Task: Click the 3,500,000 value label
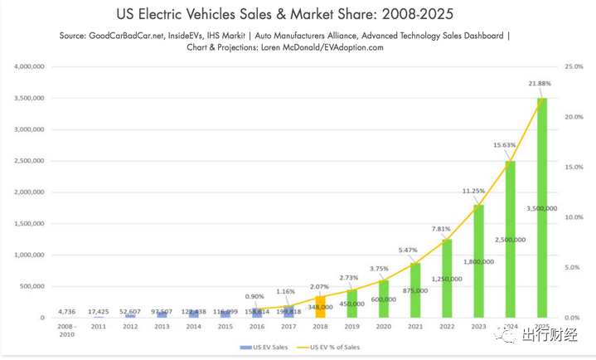pos(542,208)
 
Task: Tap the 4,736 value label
pos(68,311)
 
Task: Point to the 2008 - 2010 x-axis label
pos(68,331)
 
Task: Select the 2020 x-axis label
pos(384,328)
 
